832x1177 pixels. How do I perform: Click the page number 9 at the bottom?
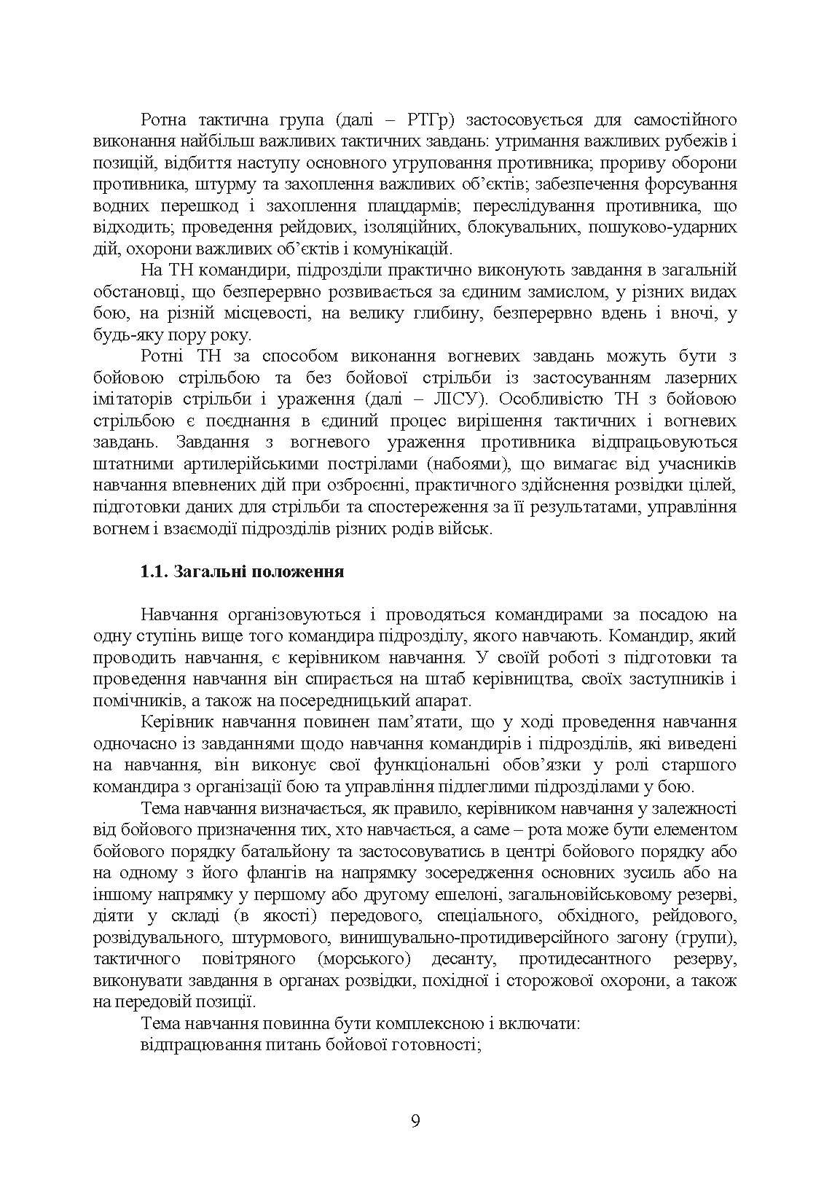tap(415, 1120)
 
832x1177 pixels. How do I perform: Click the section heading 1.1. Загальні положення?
tap(242, 571)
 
